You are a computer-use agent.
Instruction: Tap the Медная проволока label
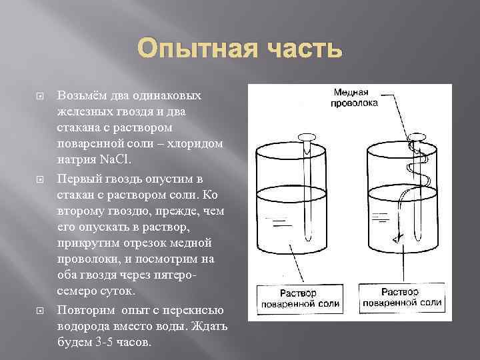(354, 97)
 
